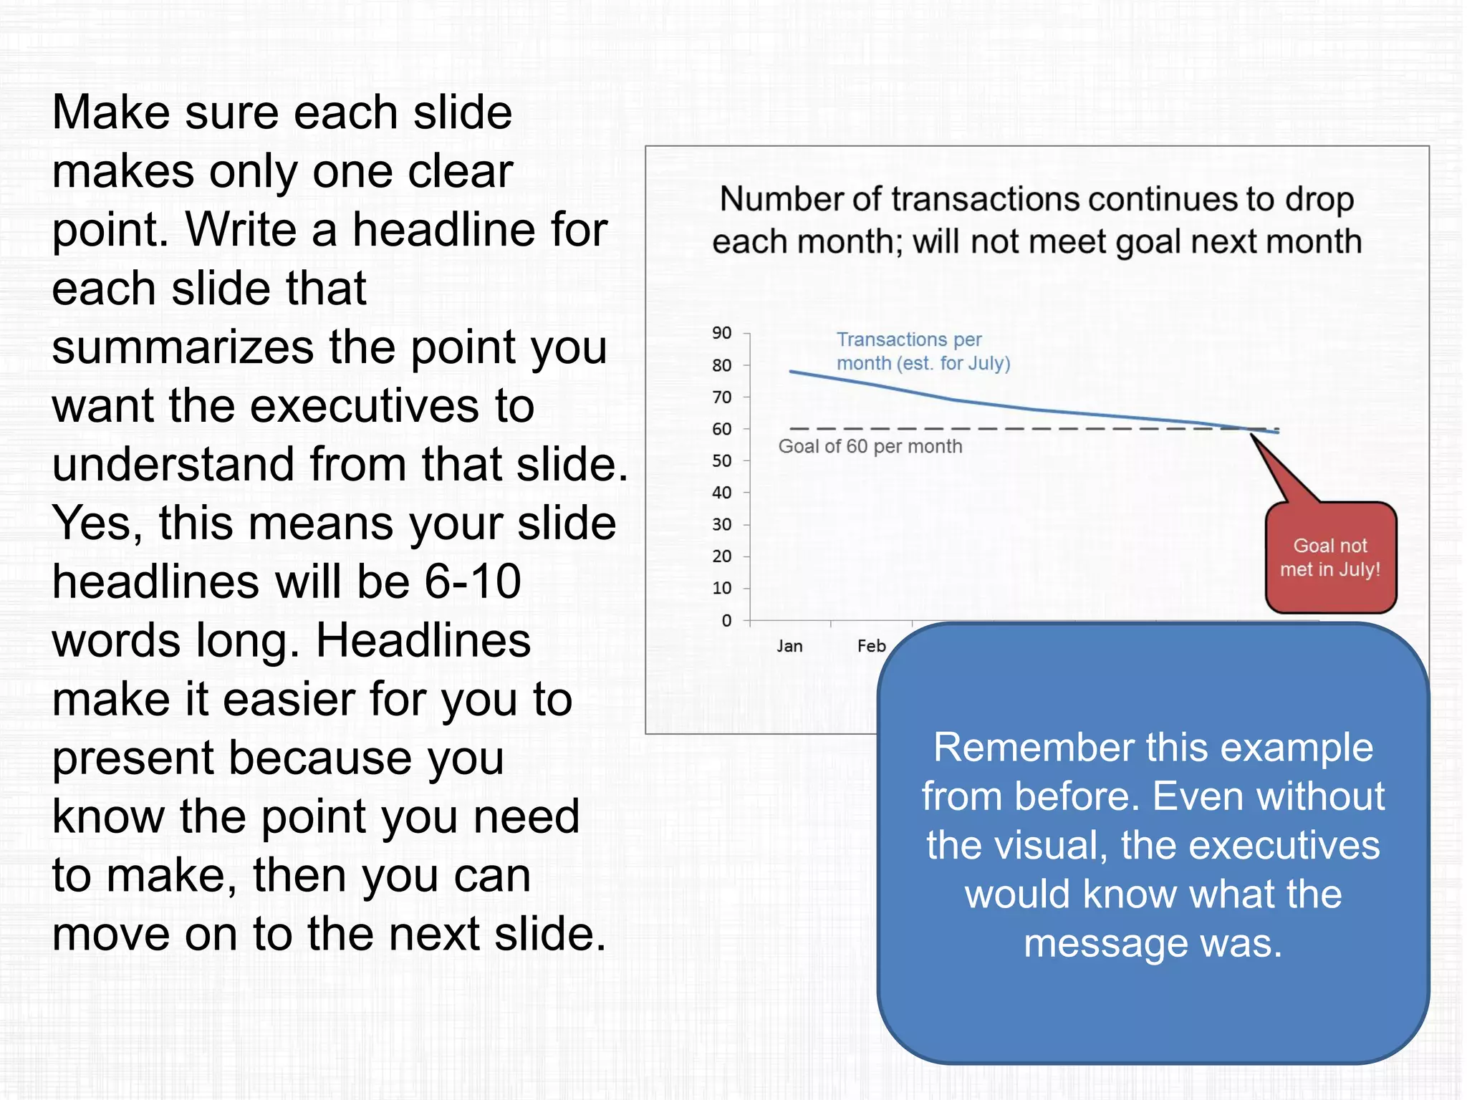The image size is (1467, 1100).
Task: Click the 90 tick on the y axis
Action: (722, 333)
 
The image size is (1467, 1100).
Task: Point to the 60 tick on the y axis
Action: (722, 429)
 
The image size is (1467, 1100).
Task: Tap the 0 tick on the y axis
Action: (726, 620)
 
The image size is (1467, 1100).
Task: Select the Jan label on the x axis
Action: (789, 646)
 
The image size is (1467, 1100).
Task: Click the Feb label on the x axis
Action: (871, 646)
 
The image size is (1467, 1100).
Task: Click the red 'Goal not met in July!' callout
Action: (1330, 558)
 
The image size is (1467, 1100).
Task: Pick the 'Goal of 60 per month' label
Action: (870, 447)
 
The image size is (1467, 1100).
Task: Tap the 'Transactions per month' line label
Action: (923, 351)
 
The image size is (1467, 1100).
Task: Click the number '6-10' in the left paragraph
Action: (473, 581)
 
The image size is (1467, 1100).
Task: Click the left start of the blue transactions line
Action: (792, 372)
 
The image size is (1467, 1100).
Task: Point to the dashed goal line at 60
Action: (1003, 429)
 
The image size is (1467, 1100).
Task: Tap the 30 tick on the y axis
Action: (722, 525)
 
